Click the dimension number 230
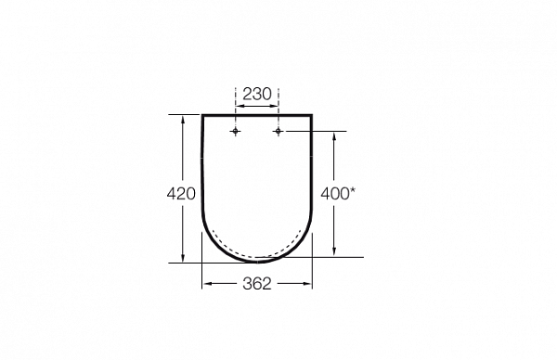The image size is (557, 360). click(257, 93)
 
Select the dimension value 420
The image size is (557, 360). click(181, 194)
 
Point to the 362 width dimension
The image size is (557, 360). click(256, 285)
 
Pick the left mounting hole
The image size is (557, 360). click(236, 133)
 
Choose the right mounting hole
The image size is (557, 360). click(278, 133)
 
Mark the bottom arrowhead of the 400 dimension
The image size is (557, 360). click(334, 251)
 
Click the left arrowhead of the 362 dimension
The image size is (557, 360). click(207, 285)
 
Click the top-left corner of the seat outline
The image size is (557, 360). click(202, 115)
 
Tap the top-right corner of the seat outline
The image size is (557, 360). click(312, 115)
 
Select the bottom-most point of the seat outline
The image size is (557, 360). click(257, 262)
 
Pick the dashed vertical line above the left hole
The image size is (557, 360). click(236, 111)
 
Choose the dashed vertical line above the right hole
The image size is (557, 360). click(278, 111)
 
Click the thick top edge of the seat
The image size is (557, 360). click(257, 115)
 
